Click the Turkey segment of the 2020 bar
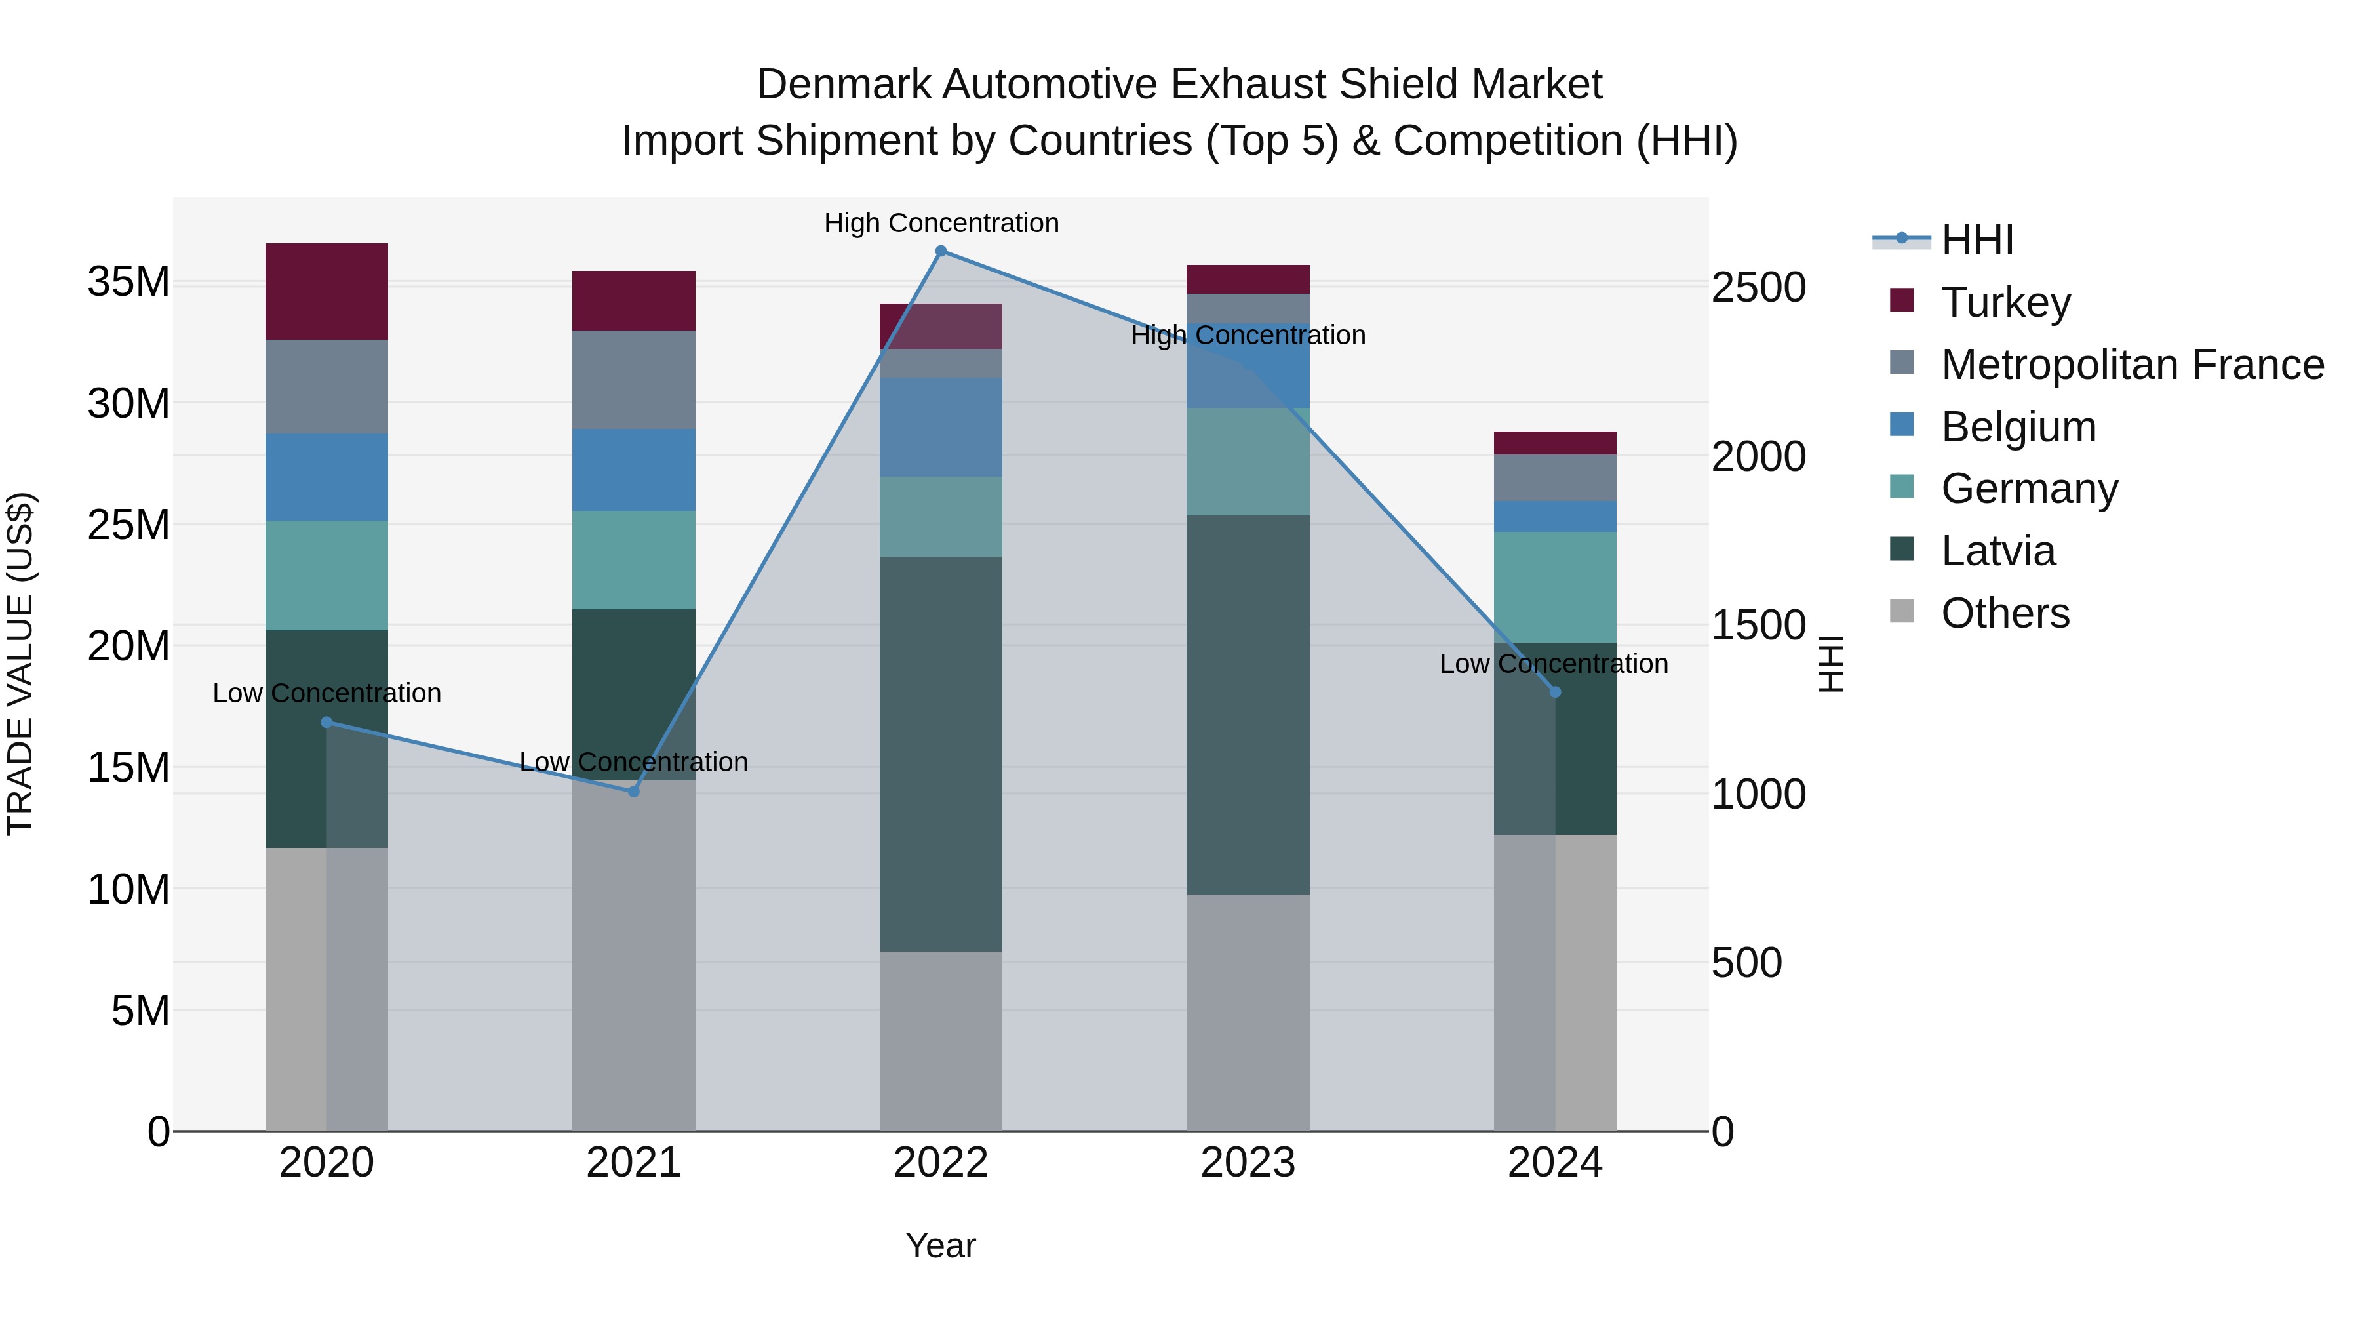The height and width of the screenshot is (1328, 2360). point(326,291)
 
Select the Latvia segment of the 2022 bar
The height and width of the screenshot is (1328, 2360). point(940,754)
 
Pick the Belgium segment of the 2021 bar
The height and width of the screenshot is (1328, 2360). point(633,470)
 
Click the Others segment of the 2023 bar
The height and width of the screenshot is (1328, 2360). point(1247,1012)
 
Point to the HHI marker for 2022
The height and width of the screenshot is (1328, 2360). point(940,251)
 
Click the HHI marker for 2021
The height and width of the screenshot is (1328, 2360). point(633,791)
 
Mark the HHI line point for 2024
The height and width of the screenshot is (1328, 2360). point(1555,692)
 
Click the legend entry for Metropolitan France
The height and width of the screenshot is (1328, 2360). point(2131,365)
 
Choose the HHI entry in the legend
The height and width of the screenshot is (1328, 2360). point(1976,240)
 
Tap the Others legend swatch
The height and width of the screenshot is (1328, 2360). point(1902,611)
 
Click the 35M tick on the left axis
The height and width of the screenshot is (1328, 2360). point(128,281)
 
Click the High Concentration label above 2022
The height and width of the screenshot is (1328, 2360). point(940,223)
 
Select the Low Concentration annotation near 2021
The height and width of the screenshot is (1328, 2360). point(633,763)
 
